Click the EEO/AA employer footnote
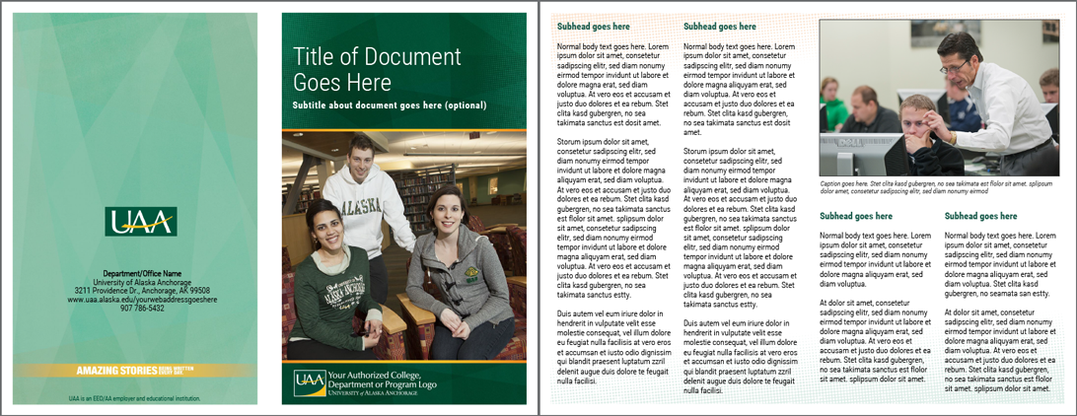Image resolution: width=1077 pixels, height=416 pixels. tap(135, 399)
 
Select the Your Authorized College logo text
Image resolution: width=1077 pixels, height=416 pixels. tap(380, 381)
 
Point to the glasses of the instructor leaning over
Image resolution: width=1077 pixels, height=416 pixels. tap(953, 66)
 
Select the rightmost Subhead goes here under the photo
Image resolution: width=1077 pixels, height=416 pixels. tap(980, 216)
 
